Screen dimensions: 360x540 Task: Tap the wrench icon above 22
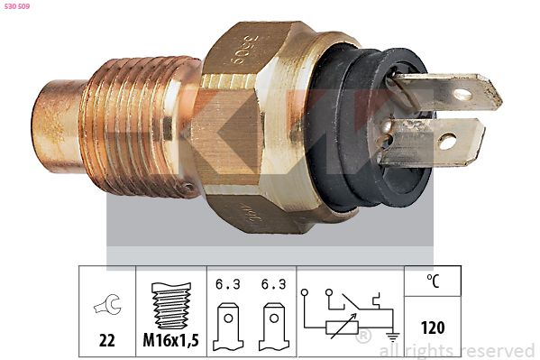click(x=106, y=308)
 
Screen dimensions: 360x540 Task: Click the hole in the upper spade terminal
click(x=462, y=93)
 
